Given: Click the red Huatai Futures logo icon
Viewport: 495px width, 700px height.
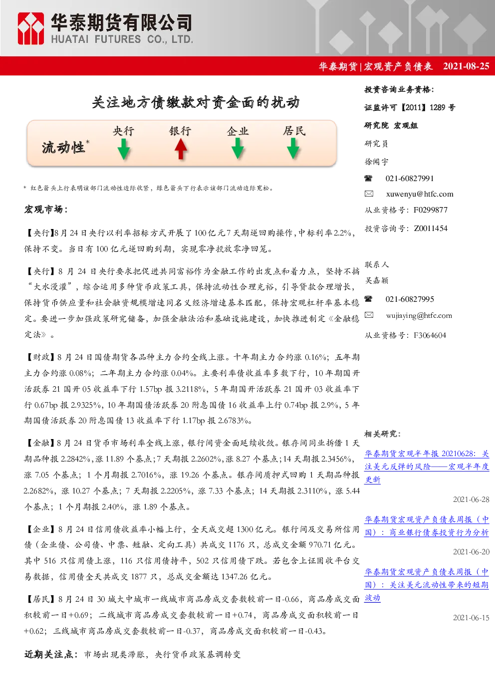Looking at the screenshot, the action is point(30,28).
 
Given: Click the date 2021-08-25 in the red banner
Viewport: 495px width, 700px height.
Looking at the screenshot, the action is point(466,66).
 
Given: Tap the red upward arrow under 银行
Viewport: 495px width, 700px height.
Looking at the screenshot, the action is point(181,149).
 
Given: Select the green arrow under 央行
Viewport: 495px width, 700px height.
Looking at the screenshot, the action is point(124,149).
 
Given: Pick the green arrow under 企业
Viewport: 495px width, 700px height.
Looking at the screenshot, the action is point(238,149).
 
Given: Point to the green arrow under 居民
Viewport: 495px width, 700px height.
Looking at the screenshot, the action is point(293,149).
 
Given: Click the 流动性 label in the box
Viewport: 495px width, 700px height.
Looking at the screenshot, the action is point(63,147).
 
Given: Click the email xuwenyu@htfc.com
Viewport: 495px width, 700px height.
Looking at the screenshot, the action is point(419,194).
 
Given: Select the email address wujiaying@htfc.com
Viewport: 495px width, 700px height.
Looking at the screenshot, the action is point(419,315).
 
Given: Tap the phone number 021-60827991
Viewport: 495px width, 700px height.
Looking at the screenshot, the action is point(409,179).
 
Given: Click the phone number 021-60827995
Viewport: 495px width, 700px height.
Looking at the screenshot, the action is point(409,299).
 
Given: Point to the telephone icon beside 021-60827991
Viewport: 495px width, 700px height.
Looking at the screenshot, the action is point(368,179).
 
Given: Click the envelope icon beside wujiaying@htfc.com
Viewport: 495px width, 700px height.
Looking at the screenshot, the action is point(369,315).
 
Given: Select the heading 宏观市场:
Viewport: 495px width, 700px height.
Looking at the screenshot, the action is point(46,210).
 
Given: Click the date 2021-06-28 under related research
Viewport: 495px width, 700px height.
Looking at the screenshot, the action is point(471,499).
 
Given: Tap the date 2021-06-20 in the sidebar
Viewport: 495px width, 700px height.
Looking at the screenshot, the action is point(471,552).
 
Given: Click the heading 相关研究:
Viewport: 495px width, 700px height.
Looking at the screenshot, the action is point(383,434).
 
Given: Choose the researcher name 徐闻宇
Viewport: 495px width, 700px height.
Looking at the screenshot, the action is point(376,162).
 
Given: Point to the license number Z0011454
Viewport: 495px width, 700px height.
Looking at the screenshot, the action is point(431,229).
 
